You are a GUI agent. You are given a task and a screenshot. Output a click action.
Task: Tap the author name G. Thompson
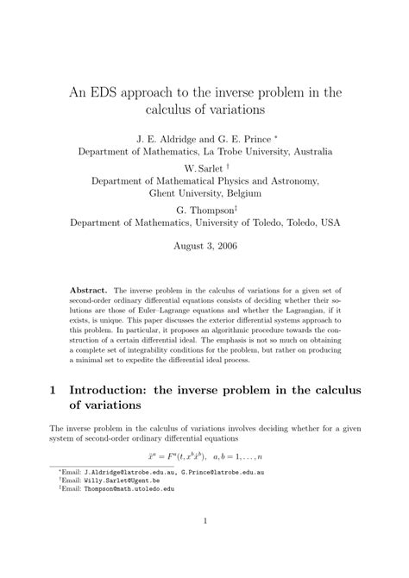click(204, 209)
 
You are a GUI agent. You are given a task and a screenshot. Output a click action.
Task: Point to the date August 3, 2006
click(204, 245)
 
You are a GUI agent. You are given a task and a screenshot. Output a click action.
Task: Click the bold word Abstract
click(90, 292)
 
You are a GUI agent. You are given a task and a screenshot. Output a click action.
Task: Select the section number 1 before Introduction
click(53, 390)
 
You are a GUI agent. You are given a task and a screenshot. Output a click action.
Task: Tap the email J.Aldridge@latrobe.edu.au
click(125, 473)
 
